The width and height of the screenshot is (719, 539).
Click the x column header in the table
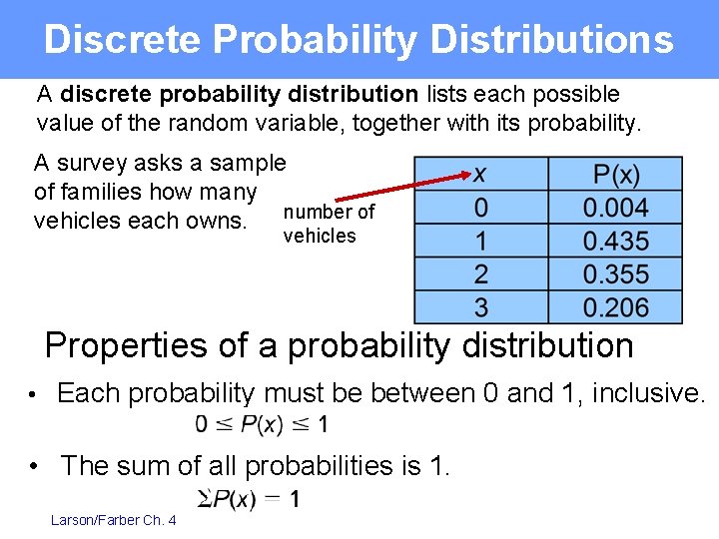480,174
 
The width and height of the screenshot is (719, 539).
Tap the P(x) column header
616,175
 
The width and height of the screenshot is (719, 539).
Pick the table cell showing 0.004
616,209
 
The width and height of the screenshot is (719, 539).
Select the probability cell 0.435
616,242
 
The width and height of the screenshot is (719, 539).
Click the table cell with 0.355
616,274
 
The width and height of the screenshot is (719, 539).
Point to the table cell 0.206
616,307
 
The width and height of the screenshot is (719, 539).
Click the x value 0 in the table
481,209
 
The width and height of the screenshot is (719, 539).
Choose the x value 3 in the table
481,307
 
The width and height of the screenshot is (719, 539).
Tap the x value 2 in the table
481,274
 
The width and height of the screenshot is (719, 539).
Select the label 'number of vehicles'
328,224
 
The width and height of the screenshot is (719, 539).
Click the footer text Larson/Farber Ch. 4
114,520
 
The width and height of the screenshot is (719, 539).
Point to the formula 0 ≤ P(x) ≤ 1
262,425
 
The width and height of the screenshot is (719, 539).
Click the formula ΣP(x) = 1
249,498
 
